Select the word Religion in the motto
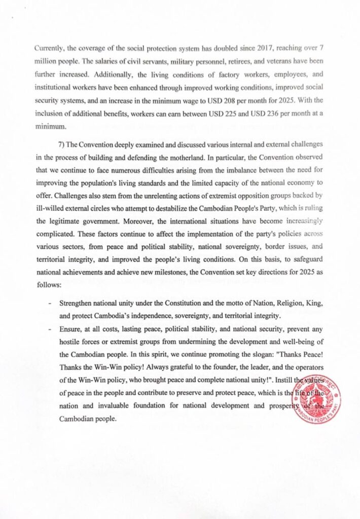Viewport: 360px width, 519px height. point(283,303)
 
